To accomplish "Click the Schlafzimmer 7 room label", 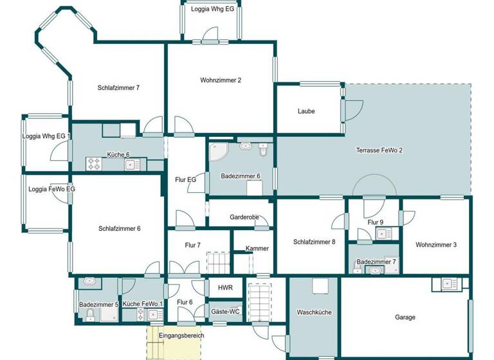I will coord(119,88).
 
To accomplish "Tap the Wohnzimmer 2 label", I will coord(221,80).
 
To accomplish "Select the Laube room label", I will coord(306,111).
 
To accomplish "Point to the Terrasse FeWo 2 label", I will coord(380,150).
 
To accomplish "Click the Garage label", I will coord(405,317).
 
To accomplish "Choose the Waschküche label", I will coord(314,312).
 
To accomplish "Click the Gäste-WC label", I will coord(225,312).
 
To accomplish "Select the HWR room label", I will coord(225,288).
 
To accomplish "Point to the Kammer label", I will coord(257,249).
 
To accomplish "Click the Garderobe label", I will coord(244,217).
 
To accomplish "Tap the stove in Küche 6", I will coord(95,164).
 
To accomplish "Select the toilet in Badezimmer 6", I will coord(264,150).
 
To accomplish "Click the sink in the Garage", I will coord(448,283).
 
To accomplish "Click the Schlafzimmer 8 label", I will coord(315,242).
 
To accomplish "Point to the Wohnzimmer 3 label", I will coord(436,245).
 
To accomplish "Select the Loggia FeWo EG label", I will coord(52,189).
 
